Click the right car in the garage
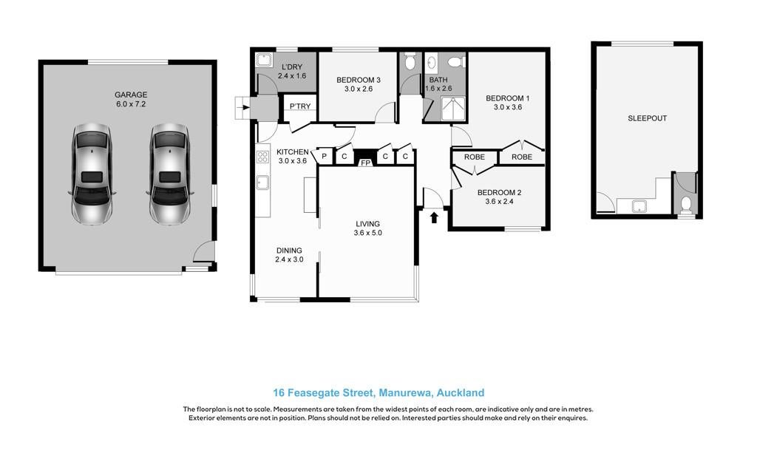point(169,174)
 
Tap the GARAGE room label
point(131,95)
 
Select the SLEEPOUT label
point(647,118)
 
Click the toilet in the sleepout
point(685,204)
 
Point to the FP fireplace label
point(365,163)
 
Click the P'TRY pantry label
point(300,106)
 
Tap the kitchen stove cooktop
point(262,157)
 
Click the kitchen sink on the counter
point(262,183)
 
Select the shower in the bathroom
point(453,109)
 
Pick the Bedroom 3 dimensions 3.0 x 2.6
point(359,89)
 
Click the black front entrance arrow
point(433,217)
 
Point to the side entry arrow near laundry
point(245,107)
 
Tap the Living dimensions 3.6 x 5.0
point(367,233)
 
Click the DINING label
point(289,251)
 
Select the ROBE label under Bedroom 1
point(521,157)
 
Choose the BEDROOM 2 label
point(499,192)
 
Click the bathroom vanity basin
point(432,63)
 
